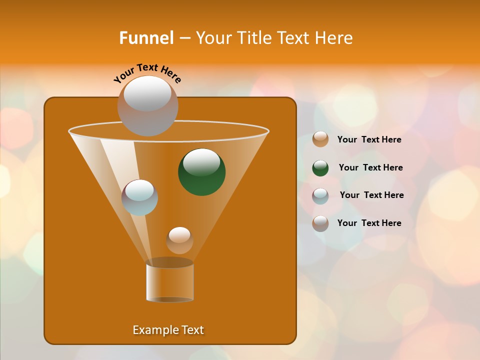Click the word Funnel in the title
click(x=146, y=38)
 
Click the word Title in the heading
click(x=254, y=38)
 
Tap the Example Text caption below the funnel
click(x=168, y=330)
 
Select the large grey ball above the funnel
click(x=147, y=106)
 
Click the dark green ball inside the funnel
click(x=202, y=172)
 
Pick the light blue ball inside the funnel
click(x=140, y=197)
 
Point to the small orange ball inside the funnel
click(x=179, y=240)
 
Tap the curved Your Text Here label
click(x=147, y=73)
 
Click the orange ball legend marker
click(x=320, y=139)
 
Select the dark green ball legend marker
click(x=320, y=168)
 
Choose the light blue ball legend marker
click(x=320, y=195)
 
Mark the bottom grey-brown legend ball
click(x=320, y=223)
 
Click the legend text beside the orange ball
click(x=369, y=140)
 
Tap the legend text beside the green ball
click(x=370, y=168)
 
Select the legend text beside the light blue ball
click(x=371, y=195)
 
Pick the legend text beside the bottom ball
click(x=369, y=223)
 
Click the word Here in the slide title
click(x=334, y=38)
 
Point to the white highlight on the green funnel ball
click(x=201, y=161)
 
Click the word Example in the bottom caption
click(x=153, y=330)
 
